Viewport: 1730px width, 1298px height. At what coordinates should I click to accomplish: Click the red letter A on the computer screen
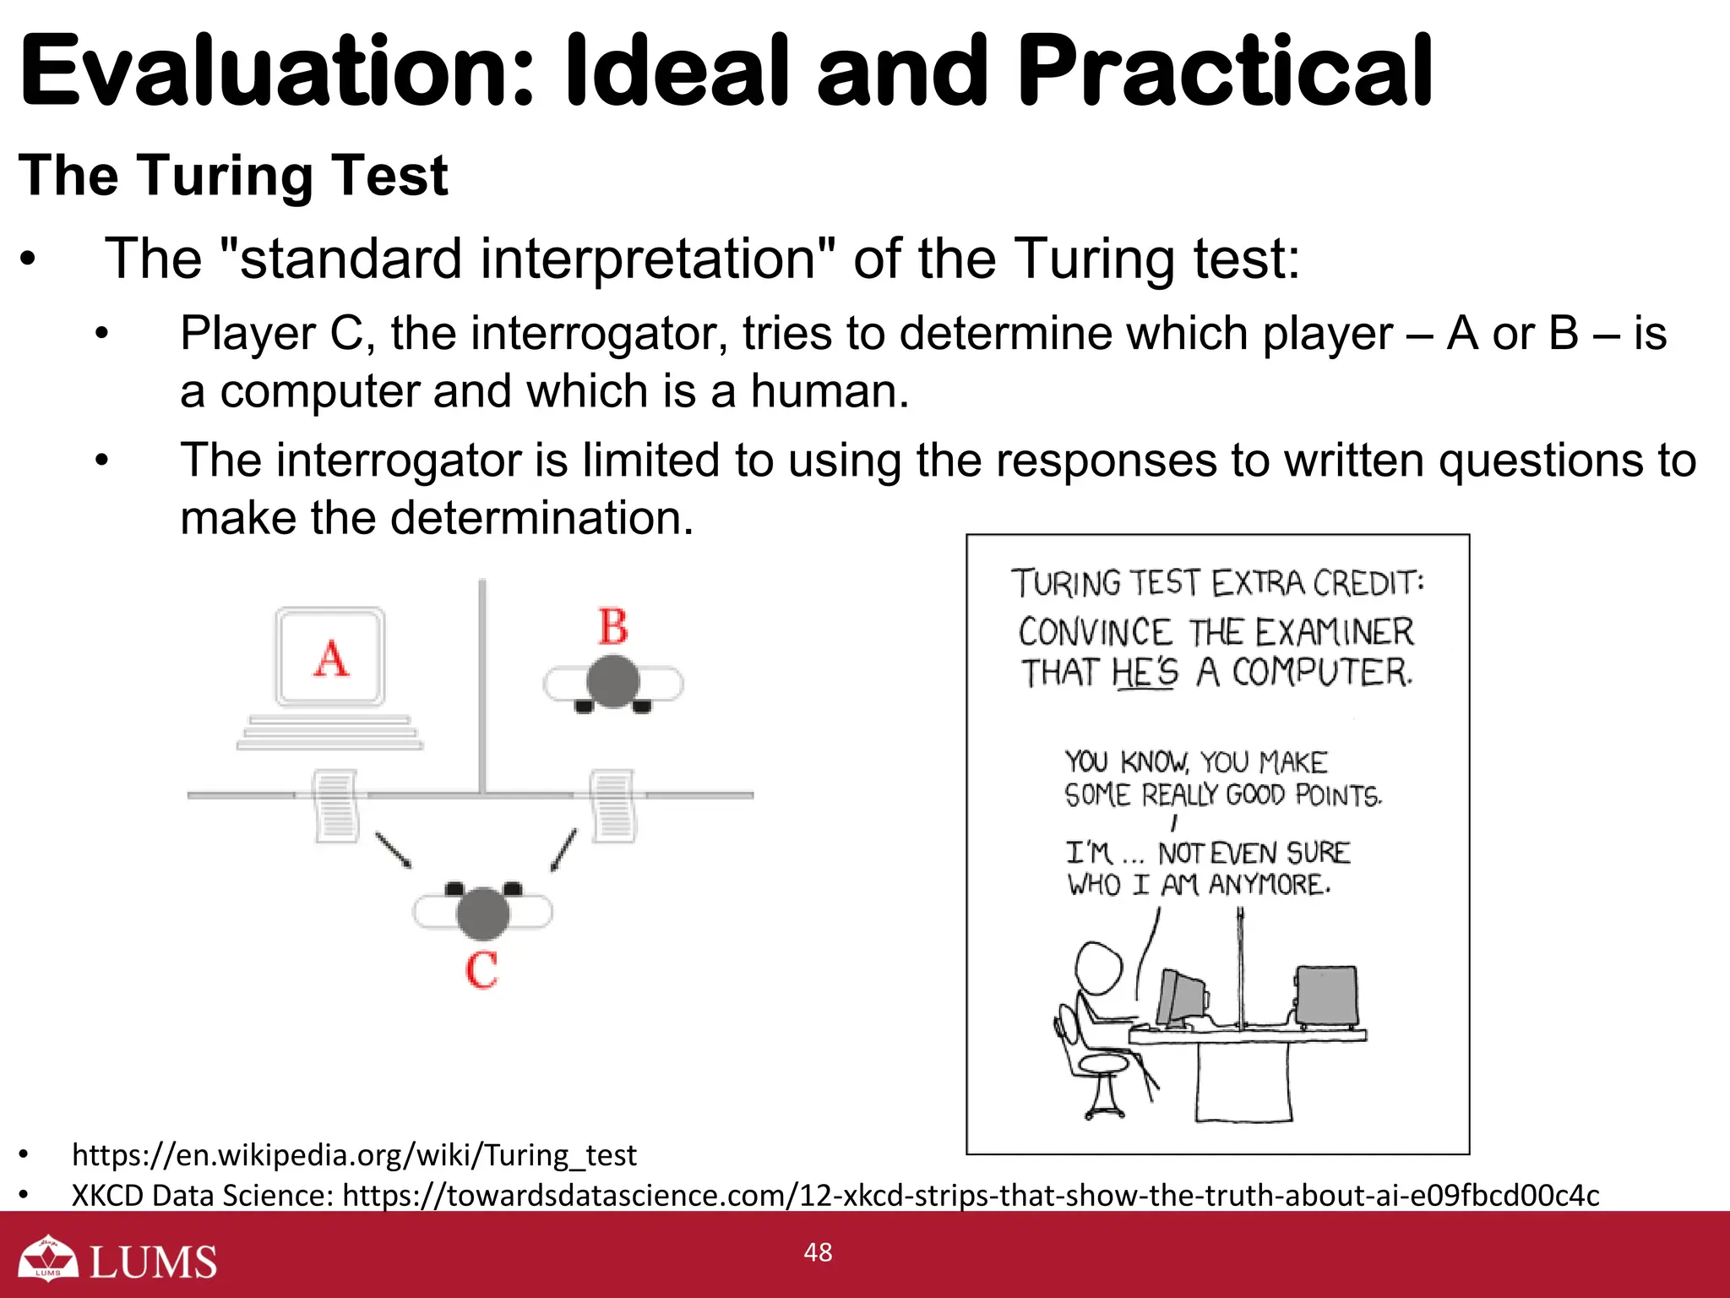tap(331, 658)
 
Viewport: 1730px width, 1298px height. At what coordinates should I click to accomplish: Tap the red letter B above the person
tap(613, 627)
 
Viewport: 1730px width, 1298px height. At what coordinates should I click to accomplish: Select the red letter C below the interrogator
tap(481, 969)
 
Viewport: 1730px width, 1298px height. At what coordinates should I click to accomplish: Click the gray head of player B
tap(613, 681)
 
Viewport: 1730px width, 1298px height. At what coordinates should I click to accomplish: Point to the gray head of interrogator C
tap(482, 914)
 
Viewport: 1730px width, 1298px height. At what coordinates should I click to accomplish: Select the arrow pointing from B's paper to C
tap(564, 849)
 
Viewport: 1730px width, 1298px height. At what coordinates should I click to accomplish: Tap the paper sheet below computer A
tap(336, 805)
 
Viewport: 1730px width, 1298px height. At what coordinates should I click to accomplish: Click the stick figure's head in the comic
tap(1098, 968)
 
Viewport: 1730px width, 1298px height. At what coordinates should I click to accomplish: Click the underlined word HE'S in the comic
tap(1145, 673)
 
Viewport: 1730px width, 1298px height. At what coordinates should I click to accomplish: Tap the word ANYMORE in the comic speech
tap(1269, 885)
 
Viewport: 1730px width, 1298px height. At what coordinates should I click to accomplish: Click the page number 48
tap(818, 1252)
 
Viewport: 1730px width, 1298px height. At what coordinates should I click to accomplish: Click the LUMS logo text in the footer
tap(153, 1262)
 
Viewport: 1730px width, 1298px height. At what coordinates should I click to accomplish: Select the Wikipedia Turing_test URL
tap(354, 1154)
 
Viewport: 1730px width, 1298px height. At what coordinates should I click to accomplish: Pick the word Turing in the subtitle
tap(225, 175)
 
